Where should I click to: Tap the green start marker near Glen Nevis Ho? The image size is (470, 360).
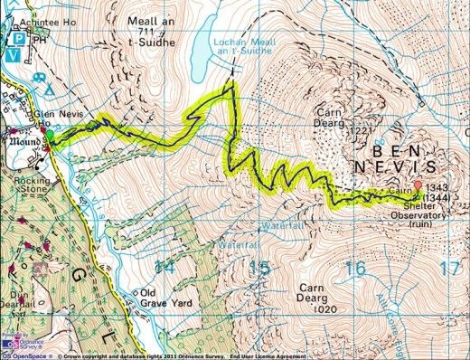[x=51, y=139]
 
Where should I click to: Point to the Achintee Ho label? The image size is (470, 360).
[x=27, y=6]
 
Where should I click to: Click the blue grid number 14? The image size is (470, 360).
[x=164, y=268]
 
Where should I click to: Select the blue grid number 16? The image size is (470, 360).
[x=356, y=268]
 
